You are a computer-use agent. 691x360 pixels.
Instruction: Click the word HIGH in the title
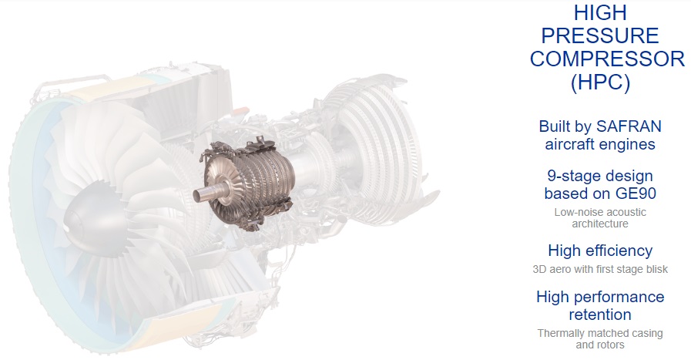coord(600,12)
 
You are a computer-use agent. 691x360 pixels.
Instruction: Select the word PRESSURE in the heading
coord(600,35)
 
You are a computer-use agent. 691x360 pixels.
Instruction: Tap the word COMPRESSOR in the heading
coord(607,59)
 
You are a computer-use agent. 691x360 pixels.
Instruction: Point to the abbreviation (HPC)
coord(600,82)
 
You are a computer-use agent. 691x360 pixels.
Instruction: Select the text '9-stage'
coord(572,176)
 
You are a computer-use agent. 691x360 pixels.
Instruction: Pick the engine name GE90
coord(636,193)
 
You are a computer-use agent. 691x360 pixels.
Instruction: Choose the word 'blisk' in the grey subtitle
coord(656,269)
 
